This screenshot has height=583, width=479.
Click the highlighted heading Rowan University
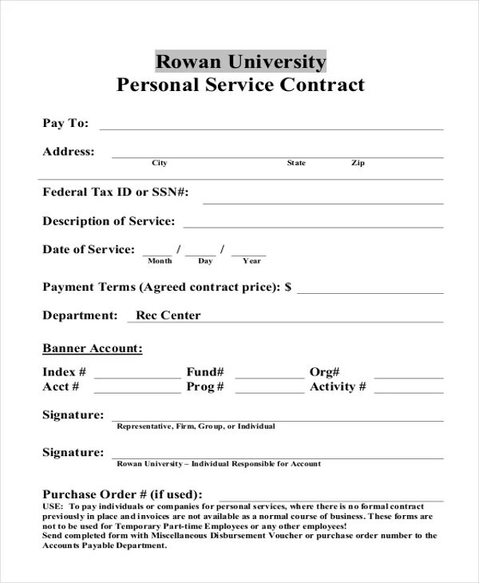click(240, 61)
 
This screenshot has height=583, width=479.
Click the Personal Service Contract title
click(240, 85)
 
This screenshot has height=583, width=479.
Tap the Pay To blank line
click(271, 126)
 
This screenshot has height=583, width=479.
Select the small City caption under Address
click(160, 163)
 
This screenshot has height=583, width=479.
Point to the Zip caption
click(358, 163)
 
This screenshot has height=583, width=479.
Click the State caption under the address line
click(296, 163)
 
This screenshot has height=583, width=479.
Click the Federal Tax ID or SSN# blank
click(323, 200)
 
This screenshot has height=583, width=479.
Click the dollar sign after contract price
click(288, 287)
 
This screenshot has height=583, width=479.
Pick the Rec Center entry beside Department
click(168, 315)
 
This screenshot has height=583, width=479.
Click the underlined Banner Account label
click(93, 349)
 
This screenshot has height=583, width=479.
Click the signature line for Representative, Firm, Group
click(277, 418)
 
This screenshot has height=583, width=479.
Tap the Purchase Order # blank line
click(331, 497)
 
